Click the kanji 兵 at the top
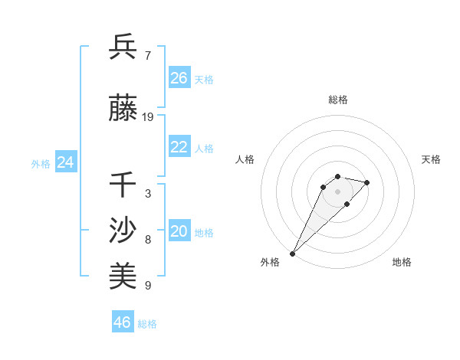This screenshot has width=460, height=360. pyautogui.click(x=123, y=47)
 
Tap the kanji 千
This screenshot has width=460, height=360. pyautogui.click(x=123, y=185)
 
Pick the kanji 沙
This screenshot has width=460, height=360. pyautogui.click(x=123, y=230)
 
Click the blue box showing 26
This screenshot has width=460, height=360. pyautogui.click(x=179, y=78)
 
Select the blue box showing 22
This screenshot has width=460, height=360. pyautogui.click(x=179, y=148)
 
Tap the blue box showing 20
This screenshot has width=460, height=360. pyautogui.click(x=179, y=232)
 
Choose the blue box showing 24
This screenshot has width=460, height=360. pyautogui.click(x=65, y=162)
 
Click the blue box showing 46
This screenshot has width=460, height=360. pyautogui.click(x=123, y=322)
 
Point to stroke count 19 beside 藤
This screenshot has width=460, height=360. pyautogui.click(x=148, y=117)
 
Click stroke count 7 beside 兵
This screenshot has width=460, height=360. pyautogui.click(x=147, y=55)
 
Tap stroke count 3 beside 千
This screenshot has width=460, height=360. pyautogui.click(x=147, y=193)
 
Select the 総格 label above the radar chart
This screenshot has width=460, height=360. pyautogui.click(x=337, y=100)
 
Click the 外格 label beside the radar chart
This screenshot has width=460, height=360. pyautogui.click(x=270, y=262)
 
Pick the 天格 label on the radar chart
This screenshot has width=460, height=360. pyautogui.click(x=431, y=159)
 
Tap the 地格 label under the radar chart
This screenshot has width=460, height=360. pyautogui.click(x=402, y=262)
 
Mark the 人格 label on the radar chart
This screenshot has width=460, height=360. pyautogui.click(x=245, y=159)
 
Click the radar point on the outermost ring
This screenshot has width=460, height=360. pyautogui.click(x=293, y=253)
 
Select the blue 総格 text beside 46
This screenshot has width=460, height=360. pyautogui.click(x=147, y=324)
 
